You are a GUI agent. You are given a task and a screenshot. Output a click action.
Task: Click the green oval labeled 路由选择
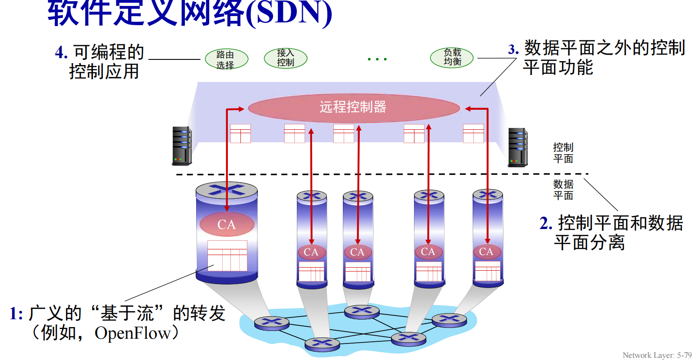pyautogui.click(x=227, y=59)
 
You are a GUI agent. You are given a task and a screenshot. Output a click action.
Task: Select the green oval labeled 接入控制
pyautogui.click(x=286, y=58)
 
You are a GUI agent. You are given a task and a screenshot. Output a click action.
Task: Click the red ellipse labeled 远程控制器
pyautogui.click(x=354, y=108)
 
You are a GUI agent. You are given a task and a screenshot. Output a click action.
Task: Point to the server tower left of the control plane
pyautogui.click(x=182, y=146)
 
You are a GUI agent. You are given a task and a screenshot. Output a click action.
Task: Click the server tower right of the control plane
pyautogui.click(x=518, y=147)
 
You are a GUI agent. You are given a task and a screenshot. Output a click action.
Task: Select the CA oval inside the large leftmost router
pyautogui.click(x=227, y=224)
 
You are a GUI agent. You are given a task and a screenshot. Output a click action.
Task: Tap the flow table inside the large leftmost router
pyautogui.click(x=227, y=256)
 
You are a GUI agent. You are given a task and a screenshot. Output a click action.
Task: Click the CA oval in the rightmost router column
pyautogui.click(x=486, y=252)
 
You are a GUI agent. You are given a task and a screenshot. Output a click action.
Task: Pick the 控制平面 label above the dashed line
pyautogui.click(x=563, y=153)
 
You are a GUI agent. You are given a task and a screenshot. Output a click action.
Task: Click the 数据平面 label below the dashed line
pyautogui.click(x=563, y=190)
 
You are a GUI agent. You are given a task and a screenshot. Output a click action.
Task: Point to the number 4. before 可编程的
pyautogui.click(x=61, y=53)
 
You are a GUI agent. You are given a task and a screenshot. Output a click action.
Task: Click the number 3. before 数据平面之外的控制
pyautogui.click(x=513, y=49)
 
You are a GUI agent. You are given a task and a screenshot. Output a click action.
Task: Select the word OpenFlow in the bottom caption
pyautogui.click(x=133, y=333)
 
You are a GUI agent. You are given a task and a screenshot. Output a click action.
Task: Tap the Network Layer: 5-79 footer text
pyautogui.click(x=657, y=355)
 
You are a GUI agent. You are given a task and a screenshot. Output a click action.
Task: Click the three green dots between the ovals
pyautogui.click(x=377, y=59)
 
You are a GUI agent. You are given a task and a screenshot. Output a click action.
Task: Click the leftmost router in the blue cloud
pyautogui.click(x=272, y=323)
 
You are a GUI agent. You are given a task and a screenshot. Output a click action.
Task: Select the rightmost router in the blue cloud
pyautogui.click(x=449, y=320)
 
